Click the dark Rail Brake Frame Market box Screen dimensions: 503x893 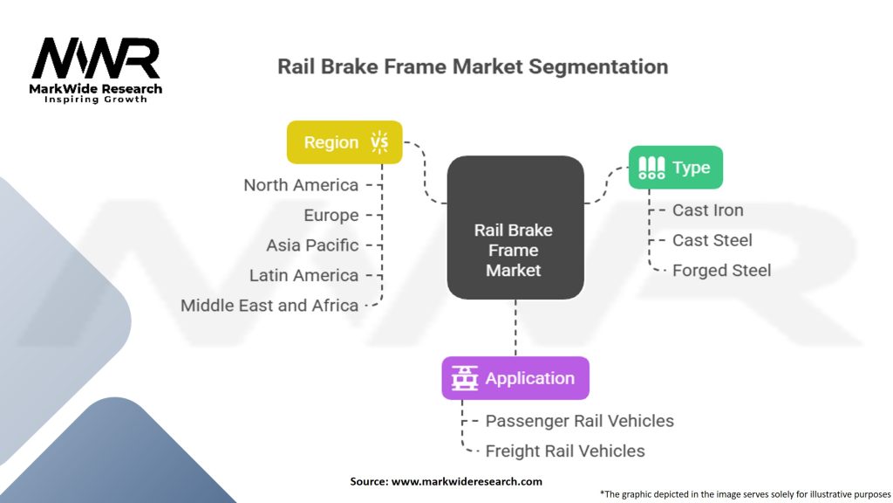click(515, 227)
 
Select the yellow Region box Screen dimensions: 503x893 click(344, 142)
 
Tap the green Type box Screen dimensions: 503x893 click(676, 168)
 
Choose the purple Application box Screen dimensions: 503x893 click(515, 378)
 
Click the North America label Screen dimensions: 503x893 click(301, 185)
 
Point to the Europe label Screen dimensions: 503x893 click(331, 215)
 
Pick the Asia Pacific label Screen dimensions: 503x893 click(312, 245)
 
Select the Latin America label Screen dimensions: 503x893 click(303, 275)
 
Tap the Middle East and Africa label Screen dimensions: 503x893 click(269, 306)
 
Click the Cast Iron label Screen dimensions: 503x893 click(707, 210)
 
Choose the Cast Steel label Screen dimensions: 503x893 click(712, 240)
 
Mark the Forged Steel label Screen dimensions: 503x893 click(721, 271)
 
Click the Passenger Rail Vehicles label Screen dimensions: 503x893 click(579, 421)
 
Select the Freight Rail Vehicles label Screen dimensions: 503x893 click(565, 451)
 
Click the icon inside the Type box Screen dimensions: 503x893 click(651, 168)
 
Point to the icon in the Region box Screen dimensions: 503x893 click(379, 142)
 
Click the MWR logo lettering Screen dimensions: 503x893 click(96, 59)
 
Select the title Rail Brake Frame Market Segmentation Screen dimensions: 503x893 click(473, 66)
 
